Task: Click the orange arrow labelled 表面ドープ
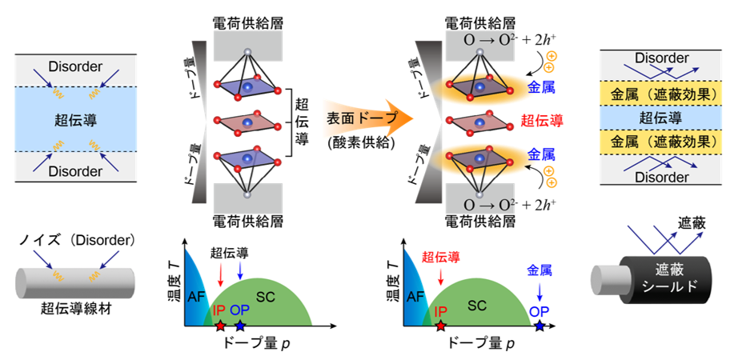(x=367, y=119)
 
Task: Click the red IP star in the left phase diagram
(x=220, y=326)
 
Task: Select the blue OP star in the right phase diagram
(x=539, y=326)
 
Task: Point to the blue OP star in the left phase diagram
(x=239, y=326)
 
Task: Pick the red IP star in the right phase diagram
(x=440, y=326)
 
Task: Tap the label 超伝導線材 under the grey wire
(x=76, y=309)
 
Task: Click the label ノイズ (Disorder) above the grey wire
(x=77, y=241)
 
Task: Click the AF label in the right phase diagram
(x=417, y=297)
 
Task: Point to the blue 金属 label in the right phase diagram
(x=539, y=270)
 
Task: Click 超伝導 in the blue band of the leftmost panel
(x=76, y=119)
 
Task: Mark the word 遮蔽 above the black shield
(x=692, y=224)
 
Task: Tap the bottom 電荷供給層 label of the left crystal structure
(x=247, y=221)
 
